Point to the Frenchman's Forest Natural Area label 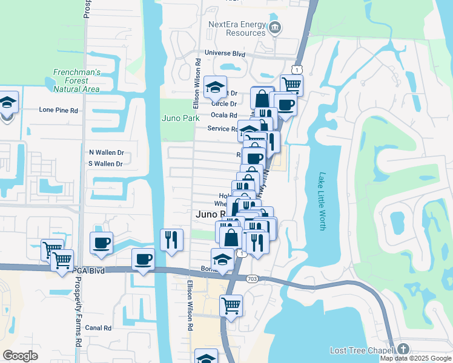[76, 80]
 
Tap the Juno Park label [180, 118]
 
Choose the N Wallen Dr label [106, 153]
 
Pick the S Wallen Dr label [106, 164]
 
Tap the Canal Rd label [99, 328]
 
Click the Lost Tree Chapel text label [362, 350]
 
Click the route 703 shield [251, 278]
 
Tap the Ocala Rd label [223, 115]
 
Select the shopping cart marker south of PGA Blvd [231, 306]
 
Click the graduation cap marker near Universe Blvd [214, 88]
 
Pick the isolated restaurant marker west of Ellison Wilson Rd [171, 239]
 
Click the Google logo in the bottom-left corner [21, 356]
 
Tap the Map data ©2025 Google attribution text [416, 358]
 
